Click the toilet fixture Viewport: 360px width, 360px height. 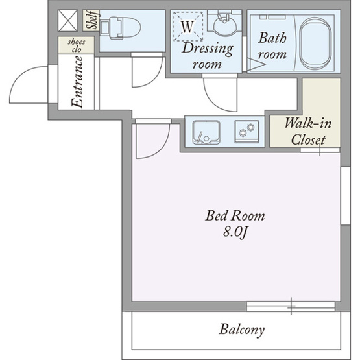coord(121,27)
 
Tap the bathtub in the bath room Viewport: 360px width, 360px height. coord(316,43)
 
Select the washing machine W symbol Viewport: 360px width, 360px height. coord(188,27)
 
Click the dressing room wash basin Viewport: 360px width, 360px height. coord(224,25)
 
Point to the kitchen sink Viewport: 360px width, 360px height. coord(206,132)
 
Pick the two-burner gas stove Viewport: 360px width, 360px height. coord(247,131)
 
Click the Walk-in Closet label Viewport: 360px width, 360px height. coord(308,131)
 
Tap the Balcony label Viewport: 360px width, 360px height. coord(242,330)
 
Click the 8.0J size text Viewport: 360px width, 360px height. coord(235,233)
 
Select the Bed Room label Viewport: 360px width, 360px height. coord(235,216)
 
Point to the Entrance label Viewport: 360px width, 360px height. coord(77,82)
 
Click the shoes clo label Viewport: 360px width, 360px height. coord(77,45)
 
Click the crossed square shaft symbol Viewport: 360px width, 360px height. coord(67,21)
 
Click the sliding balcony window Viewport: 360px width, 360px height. coord(291,306)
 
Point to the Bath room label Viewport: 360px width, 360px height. coord(272,46)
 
